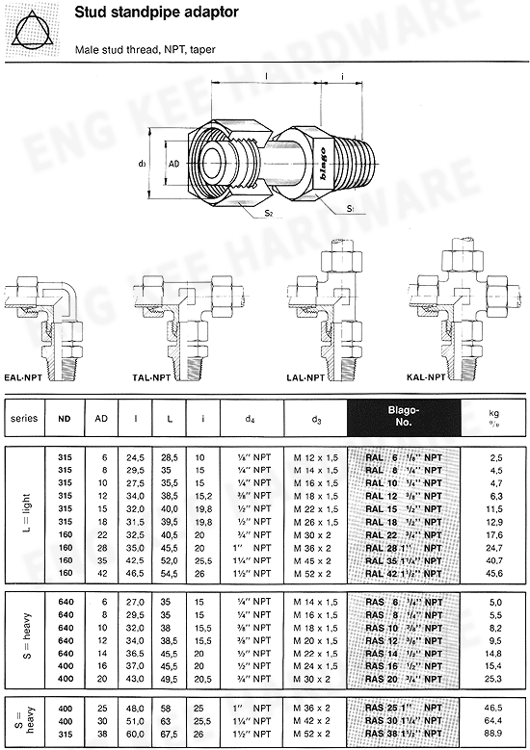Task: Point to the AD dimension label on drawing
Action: click(x=174, y=164)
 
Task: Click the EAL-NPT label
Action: click(x=25, y=379)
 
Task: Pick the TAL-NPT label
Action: click(x=152, y=379)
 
